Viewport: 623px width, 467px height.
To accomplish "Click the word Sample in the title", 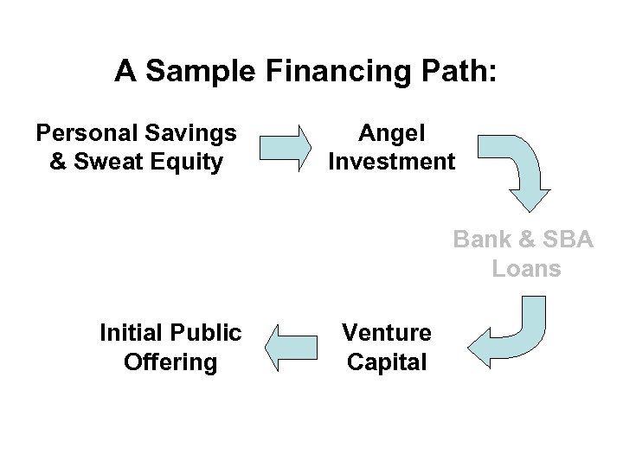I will point(182,72).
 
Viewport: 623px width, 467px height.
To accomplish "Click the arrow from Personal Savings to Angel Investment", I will point(286,147).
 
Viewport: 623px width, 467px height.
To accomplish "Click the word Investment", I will point(391,161).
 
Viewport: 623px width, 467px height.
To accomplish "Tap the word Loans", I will point(527,268).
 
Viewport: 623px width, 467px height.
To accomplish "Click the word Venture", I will point(387,333).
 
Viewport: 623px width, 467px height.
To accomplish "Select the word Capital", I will point(387,361).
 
